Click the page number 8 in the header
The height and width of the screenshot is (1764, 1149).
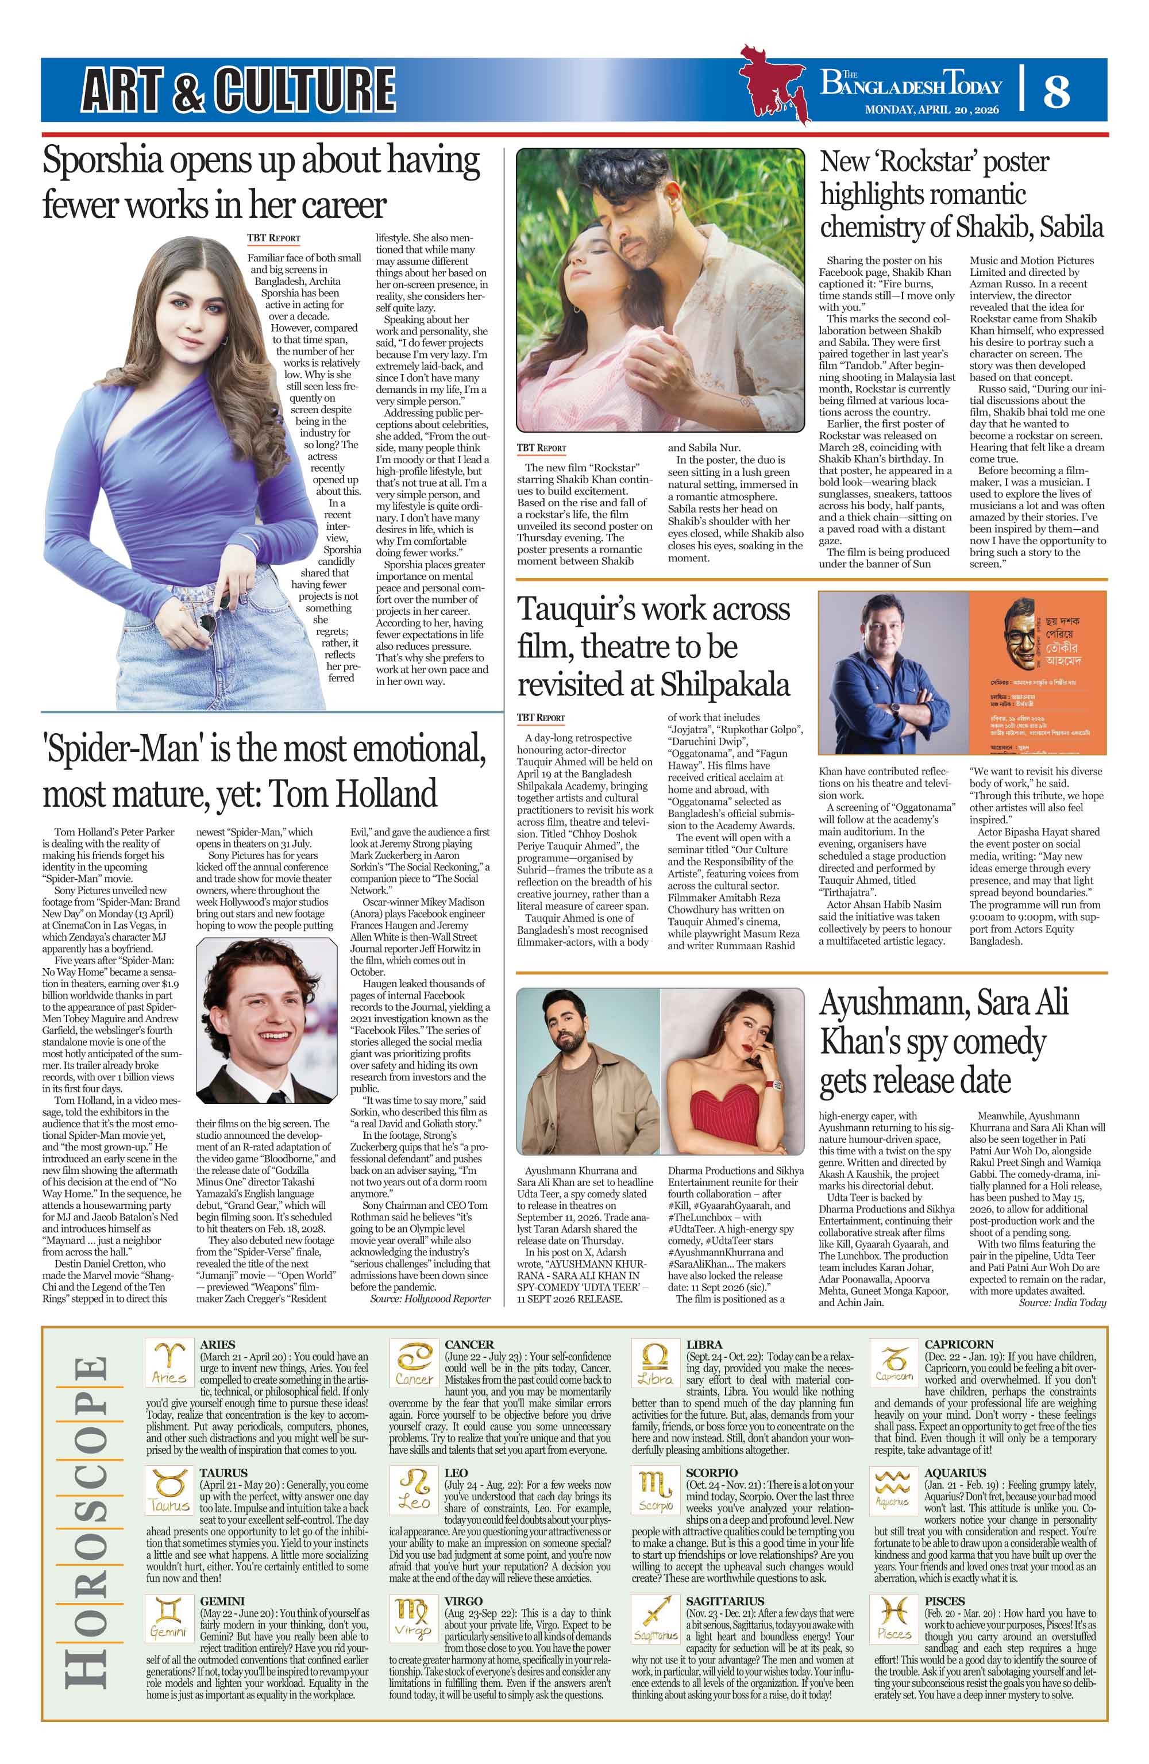click(x=1057, y=91)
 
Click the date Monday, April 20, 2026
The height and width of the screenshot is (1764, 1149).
click(x=932, y=110)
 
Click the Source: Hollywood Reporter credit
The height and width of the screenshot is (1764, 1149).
click(x=430, y=1299)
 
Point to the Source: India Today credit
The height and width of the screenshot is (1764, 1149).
click(x=1062, y=1302)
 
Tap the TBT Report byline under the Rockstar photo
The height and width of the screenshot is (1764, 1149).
click(x=541, y=448)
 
